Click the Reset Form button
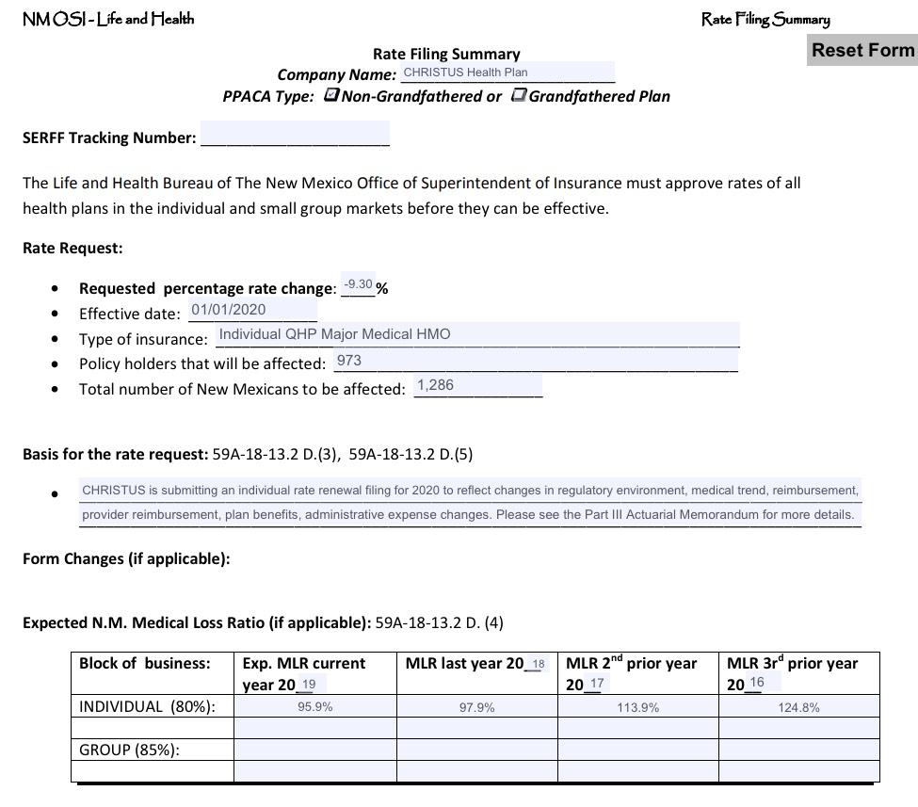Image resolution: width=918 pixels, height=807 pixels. click(862, 51)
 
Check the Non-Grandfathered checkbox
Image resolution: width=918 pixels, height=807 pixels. click(331, 95)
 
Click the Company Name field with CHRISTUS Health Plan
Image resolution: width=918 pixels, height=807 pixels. click(507, 73)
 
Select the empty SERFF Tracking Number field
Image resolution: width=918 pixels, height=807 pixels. click(295, 137)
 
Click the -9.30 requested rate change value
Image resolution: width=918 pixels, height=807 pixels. click(358, 284)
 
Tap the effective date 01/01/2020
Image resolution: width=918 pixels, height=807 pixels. click(252, 310)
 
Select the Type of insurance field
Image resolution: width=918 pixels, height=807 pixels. click(476, 334)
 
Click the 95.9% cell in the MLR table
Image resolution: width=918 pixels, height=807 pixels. click(314, 707)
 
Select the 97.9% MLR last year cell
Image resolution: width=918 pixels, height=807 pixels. click(476, 707)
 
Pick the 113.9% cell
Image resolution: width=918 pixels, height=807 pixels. click(637, 707)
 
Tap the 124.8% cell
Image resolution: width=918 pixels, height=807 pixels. click(798, 707)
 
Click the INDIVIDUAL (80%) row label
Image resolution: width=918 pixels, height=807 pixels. click(146, 706)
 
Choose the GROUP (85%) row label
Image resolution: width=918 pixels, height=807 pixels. click(129, 750)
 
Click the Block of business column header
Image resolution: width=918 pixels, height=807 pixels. click(144, 663)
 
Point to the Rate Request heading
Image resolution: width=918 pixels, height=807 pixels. click(72, 249)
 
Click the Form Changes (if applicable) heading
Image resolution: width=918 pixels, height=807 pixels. click(126, 558)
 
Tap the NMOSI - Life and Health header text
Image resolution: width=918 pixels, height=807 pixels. click(107, 19)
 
